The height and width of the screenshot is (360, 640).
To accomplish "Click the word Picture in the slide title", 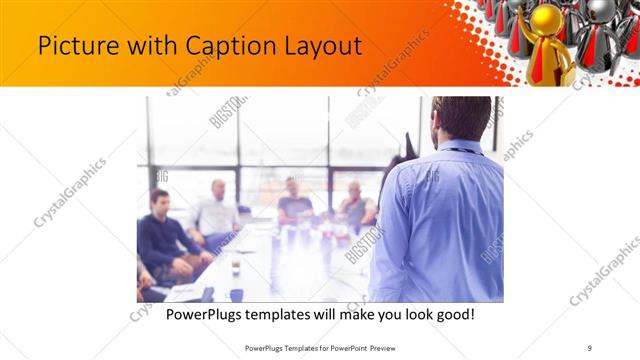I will (72, 46).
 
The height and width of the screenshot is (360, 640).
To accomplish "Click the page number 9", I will (590, 347).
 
